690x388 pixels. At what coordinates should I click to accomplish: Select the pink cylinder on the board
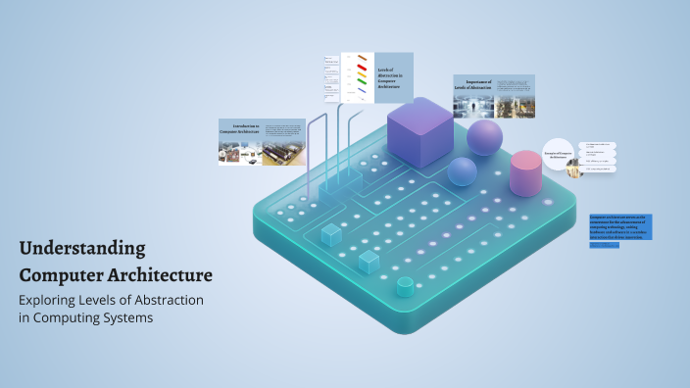(x=526, y=172)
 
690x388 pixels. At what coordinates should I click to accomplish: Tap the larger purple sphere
(x=484, y=137)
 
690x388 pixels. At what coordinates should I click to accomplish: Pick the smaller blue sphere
(x=462, y=172)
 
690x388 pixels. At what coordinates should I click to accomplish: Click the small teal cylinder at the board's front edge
(x=404, y=286)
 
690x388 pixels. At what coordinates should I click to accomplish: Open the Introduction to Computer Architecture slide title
(x=240, y=129)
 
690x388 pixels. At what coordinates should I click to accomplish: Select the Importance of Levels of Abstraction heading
(x=473, y=84)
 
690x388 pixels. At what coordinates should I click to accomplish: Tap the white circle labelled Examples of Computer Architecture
(x=557, y=155)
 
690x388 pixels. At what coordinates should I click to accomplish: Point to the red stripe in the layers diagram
(x=362, y=68)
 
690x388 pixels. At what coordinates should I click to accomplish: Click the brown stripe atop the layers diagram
(x=362, y=58)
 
